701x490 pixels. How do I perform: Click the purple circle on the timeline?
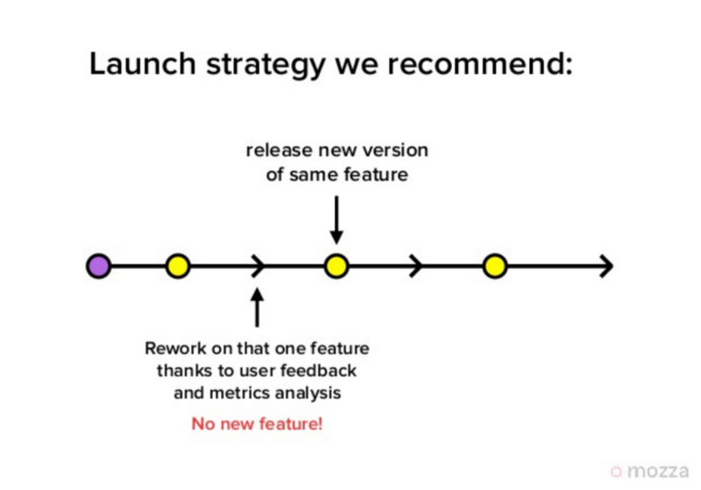(99, 266)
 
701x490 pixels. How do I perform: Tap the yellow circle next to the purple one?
(178, 266)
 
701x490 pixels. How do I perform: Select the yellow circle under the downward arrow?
(336, 266)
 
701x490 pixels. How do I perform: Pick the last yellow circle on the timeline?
(494, 266)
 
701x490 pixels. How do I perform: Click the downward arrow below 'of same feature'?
(336, 220)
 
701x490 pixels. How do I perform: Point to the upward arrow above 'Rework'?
(257, 308)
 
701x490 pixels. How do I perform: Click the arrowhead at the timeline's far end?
(606, 266)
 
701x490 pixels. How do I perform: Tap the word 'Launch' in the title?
(143, 63)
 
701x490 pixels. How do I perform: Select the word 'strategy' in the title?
(266, 66)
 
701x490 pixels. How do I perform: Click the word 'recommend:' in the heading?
(479, 64)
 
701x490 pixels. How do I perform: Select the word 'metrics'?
(239, 393)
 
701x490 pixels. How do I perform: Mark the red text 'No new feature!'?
(257, 424)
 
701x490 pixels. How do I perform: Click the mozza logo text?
(658, 472)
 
